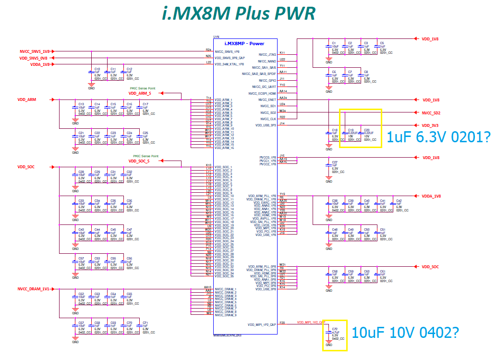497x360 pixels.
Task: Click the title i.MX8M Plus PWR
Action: click(239, 13)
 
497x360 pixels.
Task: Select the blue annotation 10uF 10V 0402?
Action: click(405, 332)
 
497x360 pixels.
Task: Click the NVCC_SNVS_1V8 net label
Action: click(35, 50)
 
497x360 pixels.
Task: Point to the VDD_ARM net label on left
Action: click(27, 99)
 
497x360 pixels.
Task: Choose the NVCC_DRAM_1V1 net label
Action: click(33, 289)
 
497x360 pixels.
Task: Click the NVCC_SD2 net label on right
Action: click(431, 113)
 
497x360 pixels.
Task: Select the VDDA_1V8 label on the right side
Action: click(431, 196)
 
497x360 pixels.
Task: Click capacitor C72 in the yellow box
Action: click(335, 330)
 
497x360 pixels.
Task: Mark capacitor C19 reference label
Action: click(351, 130)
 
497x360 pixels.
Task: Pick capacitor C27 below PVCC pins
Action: click(335, 162)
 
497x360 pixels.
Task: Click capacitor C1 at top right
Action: click(334, 43)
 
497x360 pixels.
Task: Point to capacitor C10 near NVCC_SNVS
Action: click(97, 69)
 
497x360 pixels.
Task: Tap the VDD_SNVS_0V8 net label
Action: click(33, 57)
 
